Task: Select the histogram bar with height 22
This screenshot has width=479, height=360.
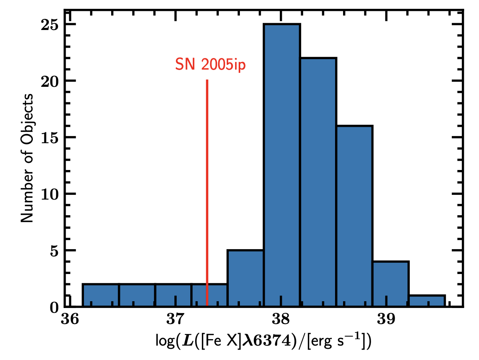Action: pyautogui.click(x=318, y=182)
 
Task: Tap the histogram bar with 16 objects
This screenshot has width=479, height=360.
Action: pyautogui.click(x=354, y=216)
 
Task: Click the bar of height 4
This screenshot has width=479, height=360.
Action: pyautogui.click(x=391, y=284)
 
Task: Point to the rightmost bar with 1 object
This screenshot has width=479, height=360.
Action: pyautogui.click(x=427, y=302)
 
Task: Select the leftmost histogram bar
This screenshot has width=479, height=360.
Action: pyautogui.click(x=101, y=296)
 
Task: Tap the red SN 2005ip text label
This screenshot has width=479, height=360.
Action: pyautogui.click(x=210, y=64)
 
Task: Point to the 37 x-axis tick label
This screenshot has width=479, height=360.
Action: pyautogui.click(x=176, y=319)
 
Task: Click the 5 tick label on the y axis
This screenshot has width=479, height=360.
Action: pyautogui.click(x=53, y=251)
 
